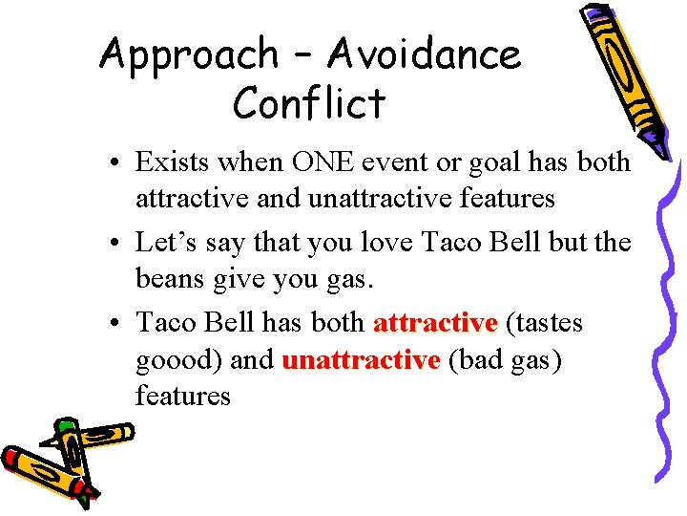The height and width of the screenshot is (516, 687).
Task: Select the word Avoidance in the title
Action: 425,56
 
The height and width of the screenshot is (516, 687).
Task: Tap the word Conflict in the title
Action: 309,103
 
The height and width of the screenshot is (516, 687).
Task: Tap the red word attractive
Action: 435,323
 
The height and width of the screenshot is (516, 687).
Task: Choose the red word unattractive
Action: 361,359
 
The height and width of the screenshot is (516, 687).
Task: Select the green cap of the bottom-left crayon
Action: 66,425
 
